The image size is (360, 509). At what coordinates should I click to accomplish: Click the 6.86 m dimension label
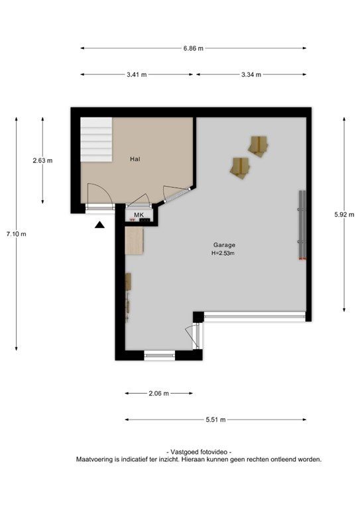click(193, 48)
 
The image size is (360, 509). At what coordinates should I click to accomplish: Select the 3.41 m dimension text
click(137, 74)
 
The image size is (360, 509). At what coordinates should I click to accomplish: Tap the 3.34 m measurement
click(251, 74)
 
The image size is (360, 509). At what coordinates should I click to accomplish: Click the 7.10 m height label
click(16, 233)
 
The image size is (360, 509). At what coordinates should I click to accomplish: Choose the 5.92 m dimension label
click(345, 214)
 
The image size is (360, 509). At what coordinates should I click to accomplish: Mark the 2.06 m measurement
click(159, 394)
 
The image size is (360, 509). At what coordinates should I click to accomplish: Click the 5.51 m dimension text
click(215, 420)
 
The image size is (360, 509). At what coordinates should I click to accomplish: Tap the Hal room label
click(135, 159)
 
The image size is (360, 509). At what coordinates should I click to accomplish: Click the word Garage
click(224, 245)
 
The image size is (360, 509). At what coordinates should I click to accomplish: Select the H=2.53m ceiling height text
click(223, 253)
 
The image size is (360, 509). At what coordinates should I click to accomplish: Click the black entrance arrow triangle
click(99, 225)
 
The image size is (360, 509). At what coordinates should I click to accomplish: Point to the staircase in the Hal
click(96, 139)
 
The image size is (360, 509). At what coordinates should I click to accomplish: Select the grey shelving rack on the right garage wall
click(302, 225)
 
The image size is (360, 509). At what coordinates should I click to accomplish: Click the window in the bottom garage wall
click(159, 356)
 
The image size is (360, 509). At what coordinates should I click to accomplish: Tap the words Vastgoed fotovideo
click(199, 451)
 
